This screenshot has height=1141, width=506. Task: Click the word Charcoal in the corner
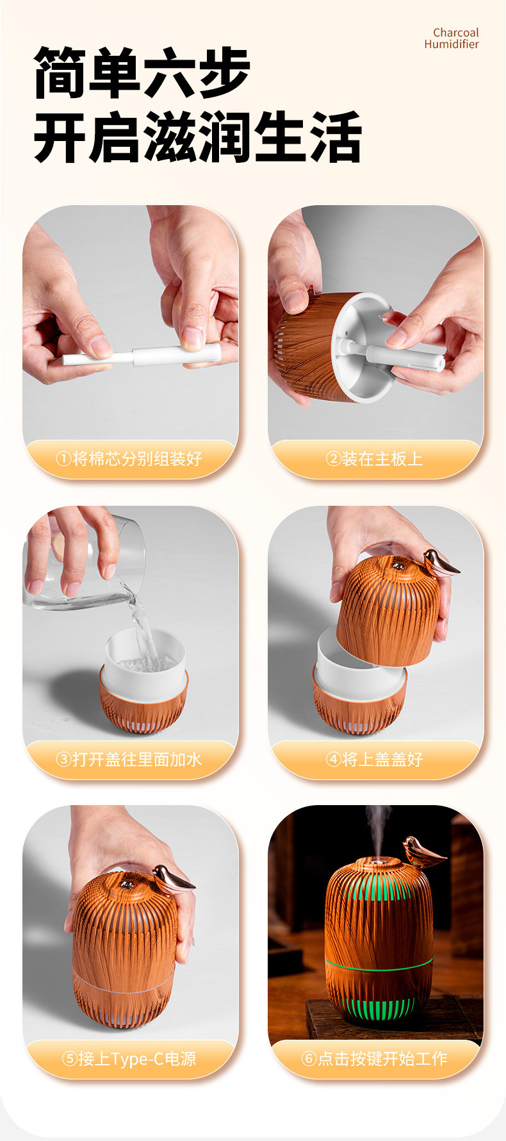(x=455, y=33)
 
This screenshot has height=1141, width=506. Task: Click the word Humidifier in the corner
(x=451, y=44)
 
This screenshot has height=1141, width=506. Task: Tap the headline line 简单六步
(x=142, y=72)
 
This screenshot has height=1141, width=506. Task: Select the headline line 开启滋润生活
(x=197, y=137)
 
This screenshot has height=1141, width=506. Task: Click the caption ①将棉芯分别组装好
(x=129, y=459)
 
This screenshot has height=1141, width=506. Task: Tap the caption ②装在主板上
(x=374, y=459)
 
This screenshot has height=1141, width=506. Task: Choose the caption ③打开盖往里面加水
(x=129, y=760)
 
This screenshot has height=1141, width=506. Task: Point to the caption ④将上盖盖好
(x=374, y=760)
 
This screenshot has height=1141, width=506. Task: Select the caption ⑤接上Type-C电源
(x=129, y=1059)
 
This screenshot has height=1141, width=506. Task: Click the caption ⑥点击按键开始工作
(x=374, y=1059)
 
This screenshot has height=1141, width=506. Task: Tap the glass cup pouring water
(x=83, y=564)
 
